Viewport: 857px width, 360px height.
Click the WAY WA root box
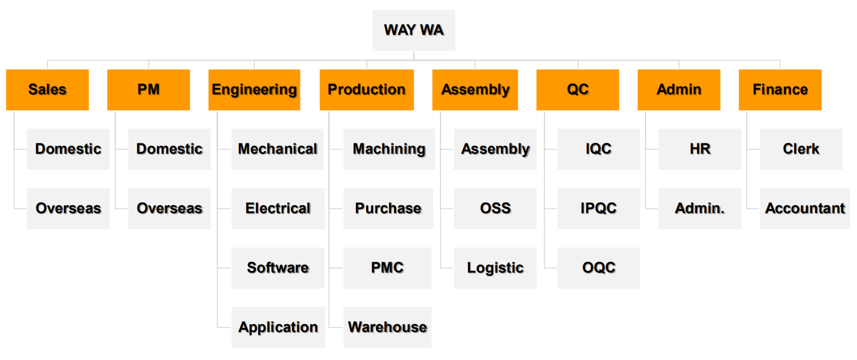click(x=414, y=30)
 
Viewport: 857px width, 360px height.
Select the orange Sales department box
click(x=47, y=90)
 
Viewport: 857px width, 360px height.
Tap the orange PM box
click(x=149, y=90)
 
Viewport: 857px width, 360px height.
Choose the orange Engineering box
click(x=254, y=90)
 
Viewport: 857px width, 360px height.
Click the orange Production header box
click(x=367, y=90)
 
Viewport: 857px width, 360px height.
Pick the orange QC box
click(x=578, y=90)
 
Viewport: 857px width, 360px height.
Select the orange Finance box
click(x=780, y=90)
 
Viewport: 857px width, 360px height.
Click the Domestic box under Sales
click(x=68, y=149)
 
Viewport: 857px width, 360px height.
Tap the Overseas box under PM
click(x=170, y=209)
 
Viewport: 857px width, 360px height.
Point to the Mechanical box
click(x=277, y=149)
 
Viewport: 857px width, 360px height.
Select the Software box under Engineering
click(x=278, y=268)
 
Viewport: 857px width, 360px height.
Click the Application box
click(x=278, y=327)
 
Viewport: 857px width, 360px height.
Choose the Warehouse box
click(x=387, y=327)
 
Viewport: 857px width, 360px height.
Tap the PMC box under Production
click(x=387, y=268)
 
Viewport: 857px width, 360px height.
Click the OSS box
click(x=495, y=209)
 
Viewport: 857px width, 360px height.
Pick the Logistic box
click(x=495, y=268)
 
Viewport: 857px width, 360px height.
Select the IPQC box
click(x=598, y=209)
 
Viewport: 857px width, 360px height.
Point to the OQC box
click(x=598, y=268)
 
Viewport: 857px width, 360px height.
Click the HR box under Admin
click(x=700, y=149)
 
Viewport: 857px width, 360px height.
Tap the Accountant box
click(x=804, y=209)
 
